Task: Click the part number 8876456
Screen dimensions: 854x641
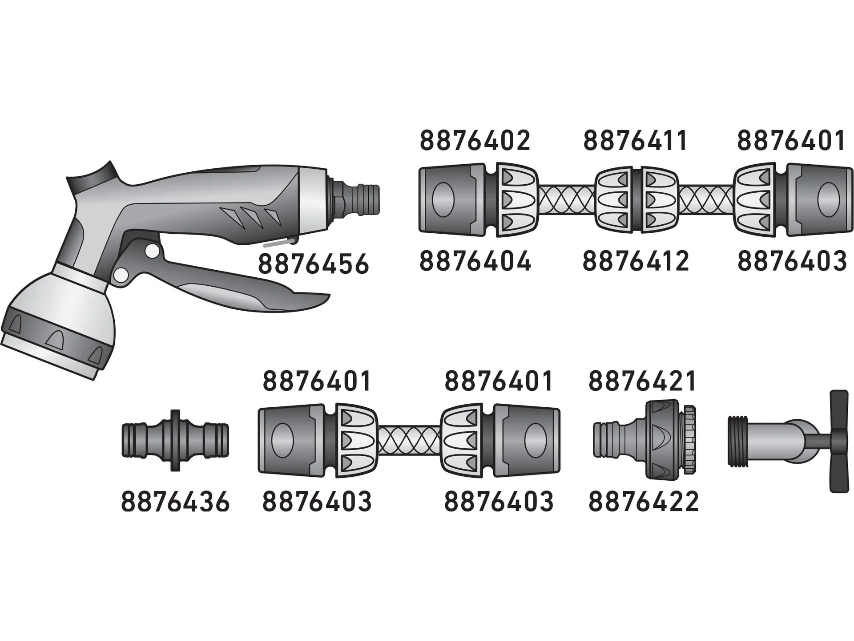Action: tap(314, 264)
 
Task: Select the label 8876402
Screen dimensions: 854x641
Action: tap(475, 141)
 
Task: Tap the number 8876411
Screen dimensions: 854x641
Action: tap(636, 141)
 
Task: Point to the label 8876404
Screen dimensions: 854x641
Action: tap(475, 261)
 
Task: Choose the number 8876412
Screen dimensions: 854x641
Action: tap(636, 261)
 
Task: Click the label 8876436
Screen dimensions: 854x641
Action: tap(175, 502)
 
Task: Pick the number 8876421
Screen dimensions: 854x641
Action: tap(642, 381)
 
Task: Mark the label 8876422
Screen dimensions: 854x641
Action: tap(643, 502)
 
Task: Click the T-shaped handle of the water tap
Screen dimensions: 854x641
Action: tap(839, 441)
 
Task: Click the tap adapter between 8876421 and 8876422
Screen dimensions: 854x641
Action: tap(645, 440)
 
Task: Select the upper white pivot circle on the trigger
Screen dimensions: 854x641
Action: tap(152, 251)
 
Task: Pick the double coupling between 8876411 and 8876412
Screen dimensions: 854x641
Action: tap(637, 199)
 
